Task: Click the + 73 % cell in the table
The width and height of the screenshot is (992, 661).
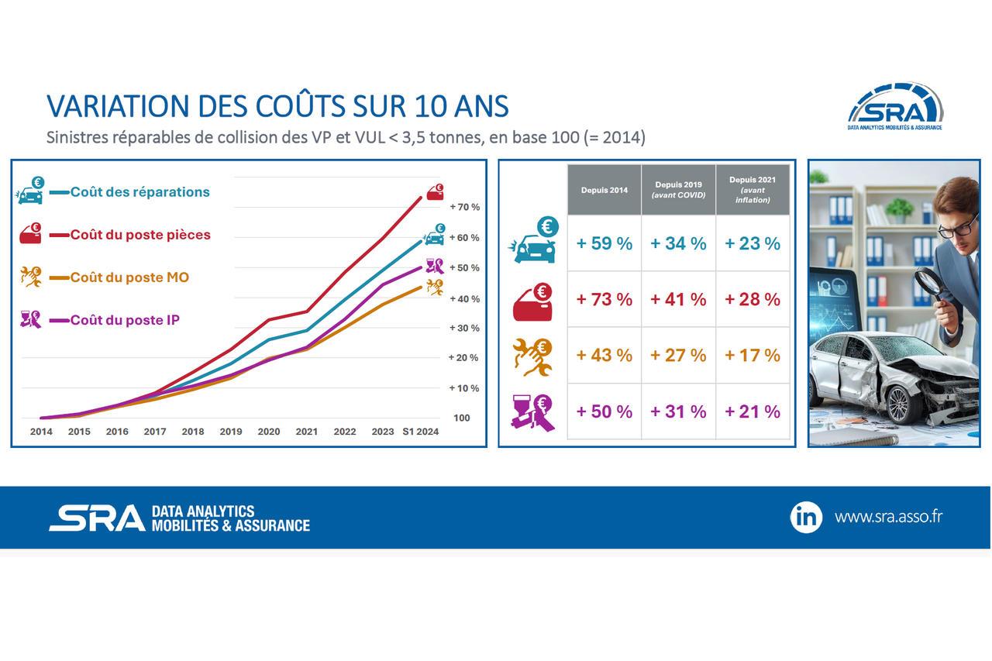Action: pyautogui.click(x=604, y=300)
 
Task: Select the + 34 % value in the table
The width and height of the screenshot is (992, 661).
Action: pyautogui.click(x=678, y=244)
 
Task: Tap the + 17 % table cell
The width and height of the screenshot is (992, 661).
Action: pyautogui.click(x=752, y=356)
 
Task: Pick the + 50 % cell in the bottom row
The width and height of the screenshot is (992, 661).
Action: pyautogui.click(x=604, y=412)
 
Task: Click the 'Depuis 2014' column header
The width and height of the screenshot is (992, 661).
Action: pyautogui.click(x=604, y=191)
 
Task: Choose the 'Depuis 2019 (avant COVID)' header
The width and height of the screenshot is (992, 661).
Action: pyautogui.click(x=678, y=190)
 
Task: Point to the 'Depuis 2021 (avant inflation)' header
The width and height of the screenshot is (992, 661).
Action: pyautogui.click(x=752, y=190)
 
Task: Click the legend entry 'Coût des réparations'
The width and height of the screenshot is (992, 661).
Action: pyautogui.click(x=139, y=192)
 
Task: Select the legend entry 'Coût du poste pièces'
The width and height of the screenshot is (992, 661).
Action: pyautogui.click(x=140, y=235)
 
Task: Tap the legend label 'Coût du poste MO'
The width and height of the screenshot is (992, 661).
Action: pyautogui.click(x=129, y=277)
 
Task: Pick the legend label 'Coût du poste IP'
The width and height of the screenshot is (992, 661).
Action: pyautogui.click(x=125, y=320)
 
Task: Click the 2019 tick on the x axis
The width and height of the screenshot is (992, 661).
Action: pyautogui.click(x=231, y=432)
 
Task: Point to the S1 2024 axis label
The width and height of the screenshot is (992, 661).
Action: pyautogui.click(x=420, y=432)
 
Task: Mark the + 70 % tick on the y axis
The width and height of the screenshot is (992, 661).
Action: pyautogui.click(x=464, y=208)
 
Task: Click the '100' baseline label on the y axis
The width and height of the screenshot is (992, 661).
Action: pyautogui.click(x=461, y=418)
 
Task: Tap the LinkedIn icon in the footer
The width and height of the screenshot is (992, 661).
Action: pyautogui.click(x=806, y=517)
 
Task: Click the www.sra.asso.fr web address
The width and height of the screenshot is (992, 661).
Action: pyautogui.click(x=888, y=517)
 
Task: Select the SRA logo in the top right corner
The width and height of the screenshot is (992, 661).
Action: pyautogui.click(x=895, y=106)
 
